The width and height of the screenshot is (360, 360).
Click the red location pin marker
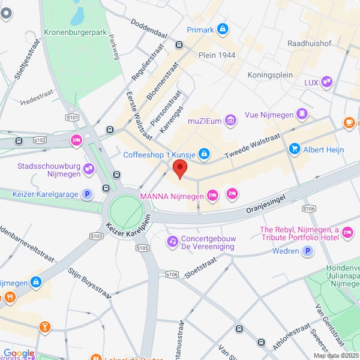click(180, 169)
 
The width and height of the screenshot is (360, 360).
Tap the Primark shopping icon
click(223, 29)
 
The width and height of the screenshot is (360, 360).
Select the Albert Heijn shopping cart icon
click(294, 148)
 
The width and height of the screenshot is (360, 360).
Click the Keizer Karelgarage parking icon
click(88, 194)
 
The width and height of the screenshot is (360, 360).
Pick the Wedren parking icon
click(308, 251)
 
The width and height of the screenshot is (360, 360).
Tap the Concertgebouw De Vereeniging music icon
click(172, 241)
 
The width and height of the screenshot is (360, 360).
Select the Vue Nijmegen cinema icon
click(302, 113)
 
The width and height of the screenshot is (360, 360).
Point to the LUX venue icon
click(326, 82)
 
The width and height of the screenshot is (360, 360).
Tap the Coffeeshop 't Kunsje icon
click(205, 155)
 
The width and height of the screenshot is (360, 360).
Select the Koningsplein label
click(270, 75)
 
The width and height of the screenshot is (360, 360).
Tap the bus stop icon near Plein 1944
click(179, 44)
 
